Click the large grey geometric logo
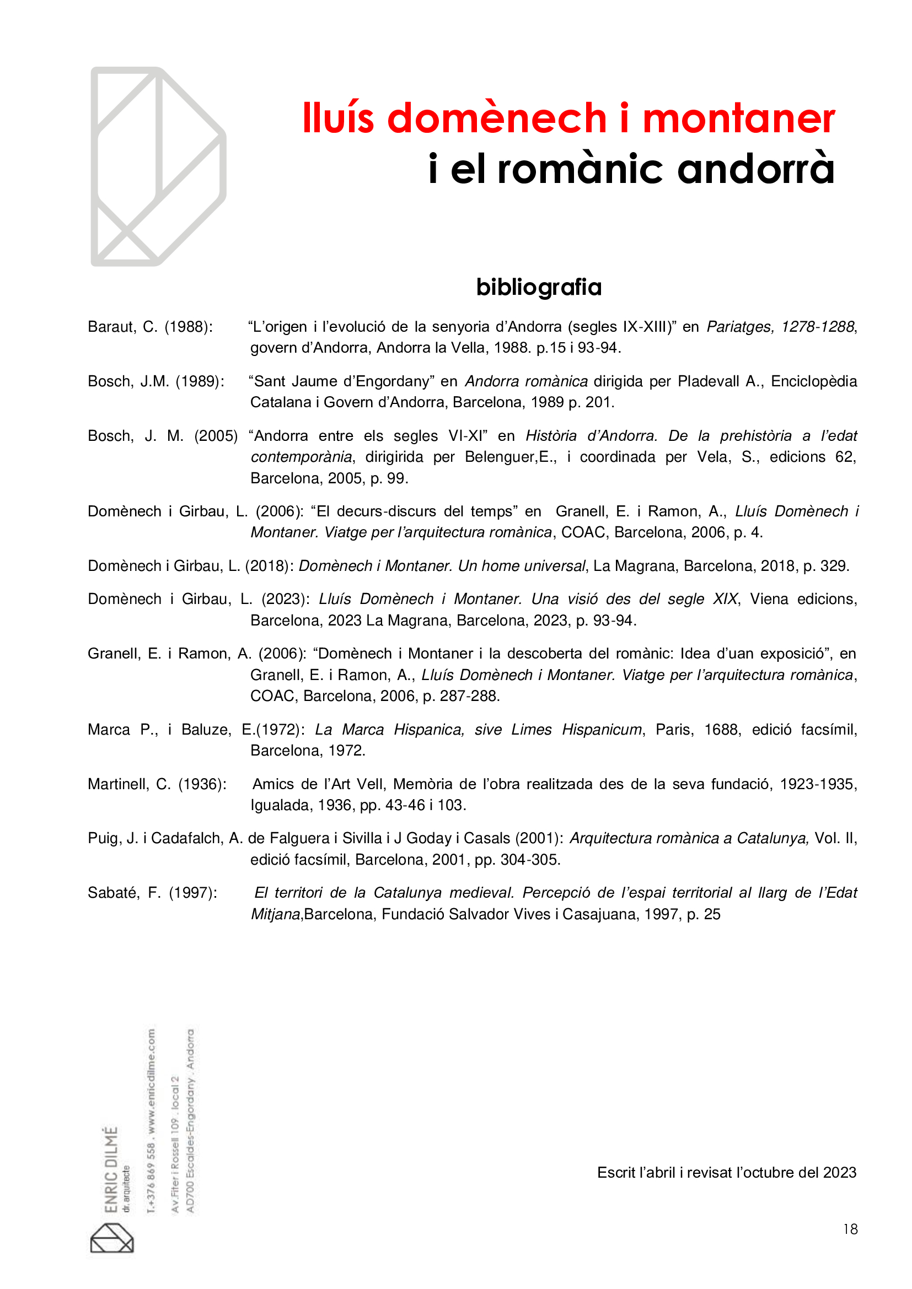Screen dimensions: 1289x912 tap(158, 166)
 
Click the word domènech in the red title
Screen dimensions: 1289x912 tap(496, 118)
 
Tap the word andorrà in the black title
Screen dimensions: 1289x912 tap(755, 169)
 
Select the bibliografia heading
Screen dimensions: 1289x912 tap(539, 288)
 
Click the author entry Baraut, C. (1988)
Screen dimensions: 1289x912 tap(150, 327)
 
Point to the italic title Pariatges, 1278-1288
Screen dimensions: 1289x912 tap(780, 327)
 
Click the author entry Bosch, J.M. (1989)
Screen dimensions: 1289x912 tap(155, 381)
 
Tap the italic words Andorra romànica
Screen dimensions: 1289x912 tap(526, 381)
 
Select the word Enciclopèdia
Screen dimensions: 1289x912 tap(814, 381)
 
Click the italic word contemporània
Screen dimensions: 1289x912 tap(302, 457)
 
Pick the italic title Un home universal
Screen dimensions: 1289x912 tap(522, 566)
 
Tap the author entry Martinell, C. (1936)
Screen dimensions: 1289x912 tap(157, 784)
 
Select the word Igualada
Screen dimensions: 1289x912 tap(281, 805)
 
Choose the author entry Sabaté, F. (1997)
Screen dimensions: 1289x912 tap(152, 893)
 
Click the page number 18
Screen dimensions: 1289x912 tap(850, 1229)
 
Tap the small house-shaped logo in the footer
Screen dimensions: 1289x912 tap(112, 1238)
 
